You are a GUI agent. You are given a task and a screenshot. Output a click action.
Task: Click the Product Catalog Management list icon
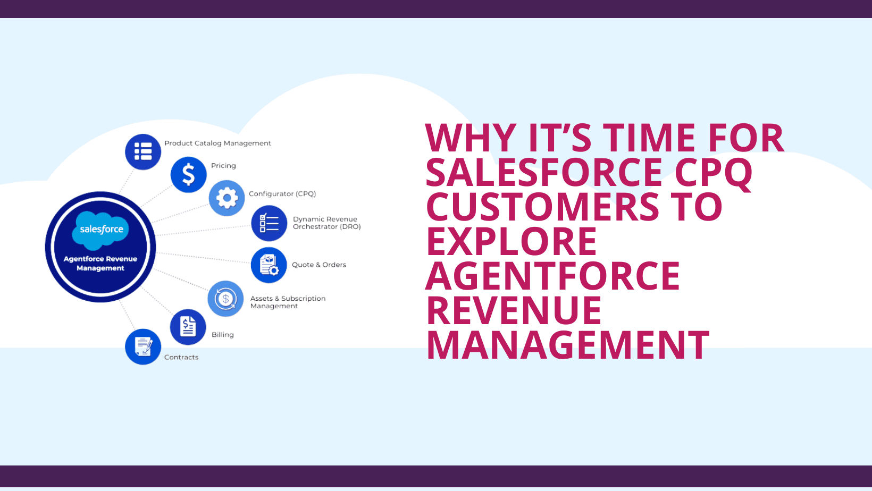(143, 152)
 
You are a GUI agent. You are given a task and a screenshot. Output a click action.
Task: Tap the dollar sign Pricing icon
(188, 175)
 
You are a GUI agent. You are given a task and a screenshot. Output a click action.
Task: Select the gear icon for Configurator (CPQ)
(227, 198)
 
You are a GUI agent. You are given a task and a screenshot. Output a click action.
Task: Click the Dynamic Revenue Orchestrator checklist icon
(269, 223)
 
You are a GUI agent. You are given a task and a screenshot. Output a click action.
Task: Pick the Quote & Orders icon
(269, 265)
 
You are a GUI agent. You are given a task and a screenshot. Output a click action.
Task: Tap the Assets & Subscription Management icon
(225, 299)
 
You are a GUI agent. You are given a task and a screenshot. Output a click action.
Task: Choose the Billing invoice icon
(188, 327)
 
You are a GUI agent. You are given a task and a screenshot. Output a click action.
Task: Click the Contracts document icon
(143, 346)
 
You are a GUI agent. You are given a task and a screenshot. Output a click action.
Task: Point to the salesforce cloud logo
(100, 230)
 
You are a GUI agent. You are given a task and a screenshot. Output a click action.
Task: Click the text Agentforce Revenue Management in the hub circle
(100, 264)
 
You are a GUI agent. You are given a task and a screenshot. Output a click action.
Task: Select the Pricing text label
(223, 166)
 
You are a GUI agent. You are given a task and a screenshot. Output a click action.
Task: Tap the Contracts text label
(181, 357)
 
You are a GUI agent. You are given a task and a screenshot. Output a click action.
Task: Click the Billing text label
(223, 335)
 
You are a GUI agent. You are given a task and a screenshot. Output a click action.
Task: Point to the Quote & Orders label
(319, 265)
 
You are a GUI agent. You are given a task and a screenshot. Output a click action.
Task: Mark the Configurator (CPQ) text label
(282, 194)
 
